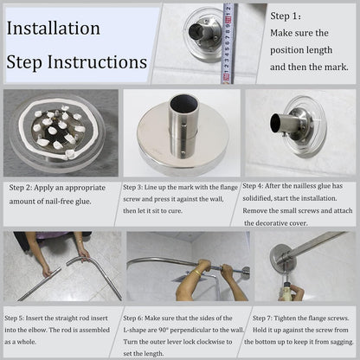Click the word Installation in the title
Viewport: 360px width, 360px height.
[x=54, y=29]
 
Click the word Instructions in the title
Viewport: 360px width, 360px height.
[x=97, y=62]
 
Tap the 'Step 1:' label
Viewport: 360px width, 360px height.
[x=286, y=16]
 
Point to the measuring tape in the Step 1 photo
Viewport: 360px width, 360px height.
[x=228, y=43]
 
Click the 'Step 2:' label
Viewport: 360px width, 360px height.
[x=21, y=188]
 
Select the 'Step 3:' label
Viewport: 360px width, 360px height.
[x=132, y=187]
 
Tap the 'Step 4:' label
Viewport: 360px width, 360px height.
[x=253, y=186]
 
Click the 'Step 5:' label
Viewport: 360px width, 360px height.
[x=14, y=318]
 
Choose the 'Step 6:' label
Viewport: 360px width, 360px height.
[x=133, y=318]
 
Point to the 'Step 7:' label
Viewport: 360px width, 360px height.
[x=262, y=318]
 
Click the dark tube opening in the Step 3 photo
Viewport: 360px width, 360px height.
[x=183, y=105]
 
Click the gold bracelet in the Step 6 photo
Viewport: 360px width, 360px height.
[x=196, y=273]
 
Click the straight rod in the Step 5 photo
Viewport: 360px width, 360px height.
[x=40, y=284]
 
